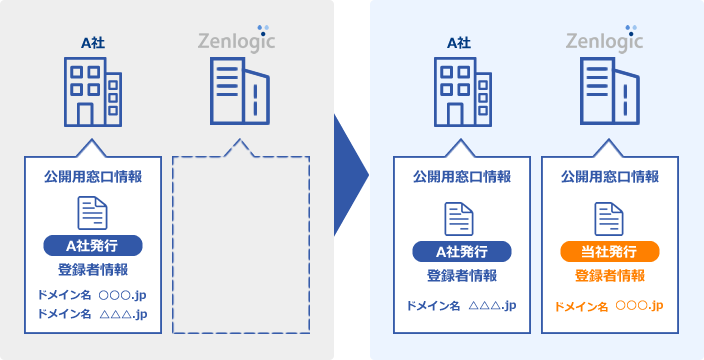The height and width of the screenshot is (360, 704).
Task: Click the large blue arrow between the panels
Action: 350,180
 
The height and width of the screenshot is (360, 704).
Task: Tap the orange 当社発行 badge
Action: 609,251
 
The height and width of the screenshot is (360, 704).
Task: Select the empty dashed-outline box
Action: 240,245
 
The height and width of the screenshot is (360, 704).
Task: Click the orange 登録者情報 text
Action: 609,276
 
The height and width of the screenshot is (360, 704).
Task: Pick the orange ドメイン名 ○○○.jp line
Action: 609,305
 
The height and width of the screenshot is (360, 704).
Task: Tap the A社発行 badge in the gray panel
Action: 93,245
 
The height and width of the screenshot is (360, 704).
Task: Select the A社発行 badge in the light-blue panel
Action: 462,251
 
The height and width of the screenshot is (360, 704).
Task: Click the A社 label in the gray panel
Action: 93,41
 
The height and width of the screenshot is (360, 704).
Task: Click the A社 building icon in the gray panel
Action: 93,90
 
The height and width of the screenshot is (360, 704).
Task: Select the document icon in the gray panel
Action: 93,213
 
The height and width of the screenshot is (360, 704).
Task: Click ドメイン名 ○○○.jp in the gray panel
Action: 93,295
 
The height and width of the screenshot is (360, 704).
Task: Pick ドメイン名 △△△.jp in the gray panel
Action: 93,314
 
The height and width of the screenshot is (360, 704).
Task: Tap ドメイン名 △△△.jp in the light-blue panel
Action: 462,305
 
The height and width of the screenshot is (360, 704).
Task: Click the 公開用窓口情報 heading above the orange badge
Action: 609,177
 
